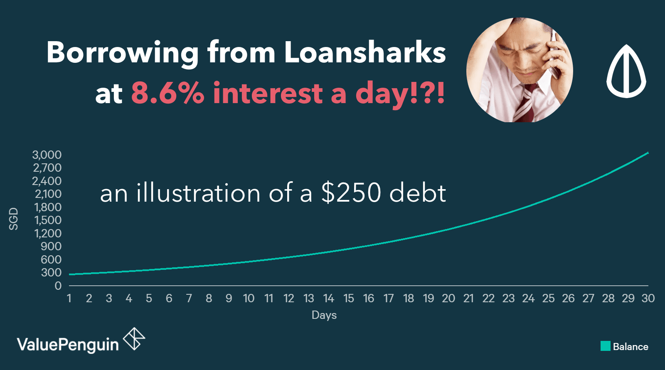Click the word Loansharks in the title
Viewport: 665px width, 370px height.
point(365,52)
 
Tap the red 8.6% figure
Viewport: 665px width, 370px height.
point(168,93)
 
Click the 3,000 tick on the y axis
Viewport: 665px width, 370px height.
point(47,155)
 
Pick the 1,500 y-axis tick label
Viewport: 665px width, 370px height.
point(48,220)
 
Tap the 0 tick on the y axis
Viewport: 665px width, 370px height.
point(58,286)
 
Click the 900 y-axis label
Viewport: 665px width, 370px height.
point(51,246)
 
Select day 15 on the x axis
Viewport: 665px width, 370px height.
point(349,298)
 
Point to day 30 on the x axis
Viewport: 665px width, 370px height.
point(648,298)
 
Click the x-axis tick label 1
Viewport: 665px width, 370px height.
point(69,298)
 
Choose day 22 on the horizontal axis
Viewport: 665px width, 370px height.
point(488,298)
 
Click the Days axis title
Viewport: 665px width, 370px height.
point(324,315)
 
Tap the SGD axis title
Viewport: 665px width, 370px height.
point(14,219)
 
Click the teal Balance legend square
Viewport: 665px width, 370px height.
point(605,346)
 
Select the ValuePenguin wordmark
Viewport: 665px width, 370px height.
point(68,345)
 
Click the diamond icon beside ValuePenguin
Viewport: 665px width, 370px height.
point(134,339)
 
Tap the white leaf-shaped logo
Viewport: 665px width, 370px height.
point(626,71)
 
